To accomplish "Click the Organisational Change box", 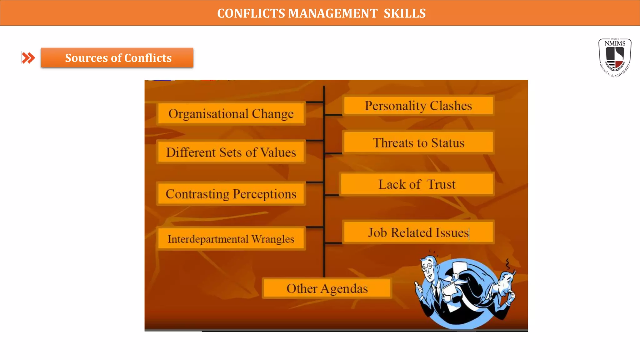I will pyautogui.click(x=231, y=114).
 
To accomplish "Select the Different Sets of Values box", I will pyautogui.click(x=231, y=152).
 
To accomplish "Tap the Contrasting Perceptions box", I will pyautogui.click(x=231, y=194).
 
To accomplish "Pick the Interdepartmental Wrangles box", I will pyautogui.click(x=231, y=239).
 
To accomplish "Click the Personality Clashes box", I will pyautogui.click(x=418, y=106).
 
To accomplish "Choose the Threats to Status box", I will pyautogui.click(x=418, y=143).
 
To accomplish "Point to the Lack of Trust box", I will pyautogui.click(x=417, y=184).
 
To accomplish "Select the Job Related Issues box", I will pyautogui.click(x=418, y=232).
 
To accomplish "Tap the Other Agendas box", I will pyautogui.click(x=327, y=288).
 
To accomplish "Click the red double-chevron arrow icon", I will pyautogui.click(x=28, y=58).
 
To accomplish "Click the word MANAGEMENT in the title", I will pyautogui.click(x=332, y=13).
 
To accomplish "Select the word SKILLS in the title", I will pyautogui.click(x=405, y=13).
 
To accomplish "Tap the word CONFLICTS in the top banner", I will pyautogui.click(x=251, y=13).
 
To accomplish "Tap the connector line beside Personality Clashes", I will pyautogui.click(x=333, y=115).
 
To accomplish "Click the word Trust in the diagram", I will pyautogui.click(x=441, y=184).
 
